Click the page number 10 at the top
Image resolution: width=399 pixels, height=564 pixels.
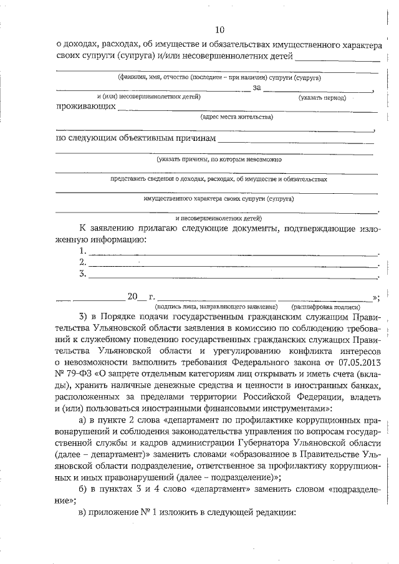click(219, 30)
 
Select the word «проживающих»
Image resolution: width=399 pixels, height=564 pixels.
click(85, 107)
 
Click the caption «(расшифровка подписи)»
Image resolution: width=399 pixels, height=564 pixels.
click(325, 307)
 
